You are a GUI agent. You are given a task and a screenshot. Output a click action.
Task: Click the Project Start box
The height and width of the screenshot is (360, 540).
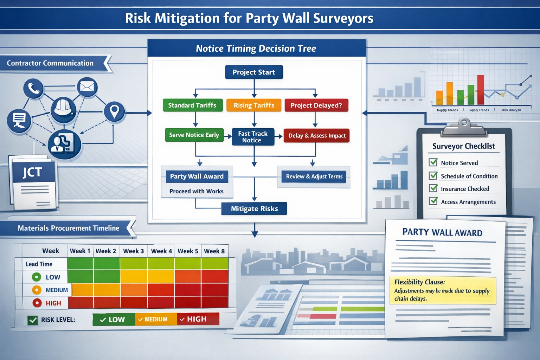pos(254,72)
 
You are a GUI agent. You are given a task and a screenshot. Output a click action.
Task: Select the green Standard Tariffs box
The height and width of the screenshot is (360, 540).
pos(193,105)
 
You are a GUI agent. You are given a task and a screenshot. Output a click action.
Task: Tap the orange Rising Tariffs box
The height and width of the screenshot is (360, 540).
pos(254,105)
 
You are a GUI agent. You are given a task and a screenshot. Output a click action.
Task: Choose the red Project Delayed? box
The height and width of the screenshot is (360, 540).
pos(316,105)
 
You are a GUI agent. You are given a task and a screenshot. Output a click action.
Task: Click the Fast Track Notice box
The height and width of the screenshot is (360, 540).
pos(253,137)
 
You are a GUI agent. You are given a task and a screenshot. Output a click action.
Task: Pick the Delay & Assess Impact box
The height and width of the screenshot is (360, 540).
pos(317,136)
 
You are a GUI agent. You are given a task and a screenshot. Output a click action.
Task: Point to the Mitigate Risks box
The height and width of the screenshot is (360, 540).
pos(254,208)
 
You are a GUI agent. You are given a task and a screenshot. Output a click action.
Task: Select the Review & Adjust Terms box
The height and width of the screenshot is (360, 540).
pos(314,176)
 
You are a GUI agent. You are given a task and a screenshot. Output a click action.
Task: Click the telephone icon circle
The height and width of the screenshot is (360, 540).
pos(33,88)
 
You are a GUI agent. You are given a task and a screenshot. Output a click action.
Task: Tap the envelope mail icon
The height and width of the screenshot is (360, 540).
pos(87,86)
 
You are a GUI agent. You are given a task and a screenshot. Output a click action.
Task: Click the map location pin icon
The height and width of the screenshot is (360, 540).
pos(114,111)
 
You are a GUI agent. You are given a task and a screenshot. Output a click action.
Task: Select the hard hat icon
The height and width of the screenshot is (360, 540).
pos(63,109)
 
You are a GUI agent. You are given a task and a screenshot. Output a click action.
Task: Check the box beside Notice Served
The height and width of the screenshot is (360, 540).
pos(433,162)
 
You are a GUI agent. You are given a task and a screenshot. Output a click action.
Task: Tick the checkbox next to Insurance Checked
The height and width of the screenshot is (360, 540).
pos(433,188)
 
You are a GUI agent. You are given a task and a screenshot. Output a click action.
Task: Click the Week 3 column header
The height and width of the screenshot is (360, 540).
pos(133,251)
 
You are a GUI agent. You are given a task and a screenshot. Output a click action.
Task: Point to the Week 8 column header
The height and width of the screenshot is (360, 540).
pos(214,251)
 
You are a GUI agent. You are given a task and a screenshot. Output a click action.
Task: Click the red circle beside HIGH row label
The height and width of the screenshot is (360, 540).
pos(37,303)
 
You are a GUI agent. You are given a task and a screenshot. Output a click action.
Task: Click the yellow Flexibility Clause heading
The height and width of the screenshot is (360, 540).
pos(419,282)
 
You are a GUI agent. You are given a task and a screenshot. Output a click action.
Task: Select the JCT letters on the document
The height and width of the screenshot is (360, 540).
pos(32,172)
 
